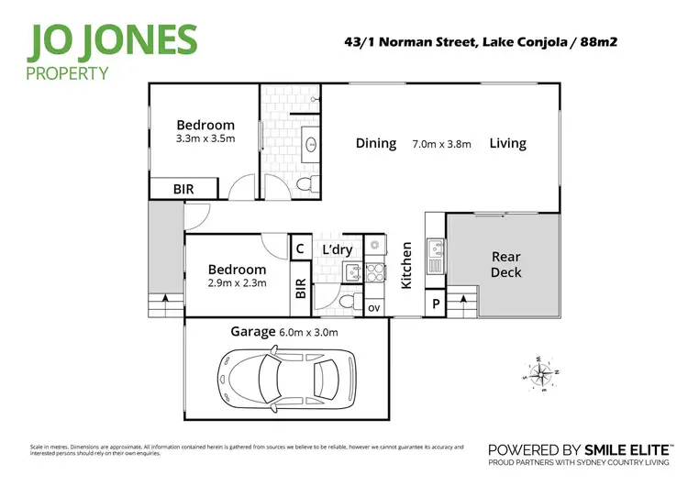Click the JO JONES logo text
(x=115, y=41)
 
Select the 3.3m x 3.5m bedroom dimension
(x=205, y=139)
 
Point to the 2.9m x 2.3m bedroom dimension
(x=237, y=283)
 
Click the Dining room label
(x=376, y=143)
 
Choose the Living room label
(x=507, y=143)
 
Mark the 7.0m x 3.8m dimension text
(x=441, y=144)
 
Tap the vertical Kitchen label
(x=406, y=266)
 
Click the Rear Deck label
(x=505, y=264)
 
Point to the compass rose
(x=539, y=373)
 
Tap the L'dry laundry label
(x=338, y=249)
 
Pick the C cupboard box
(x=299, y=248)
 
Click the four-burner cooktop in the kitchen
(x=374, y=271)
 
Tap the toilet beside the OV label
(x=345, y=300)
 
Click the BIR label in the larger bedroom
(x=183, y=189)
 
